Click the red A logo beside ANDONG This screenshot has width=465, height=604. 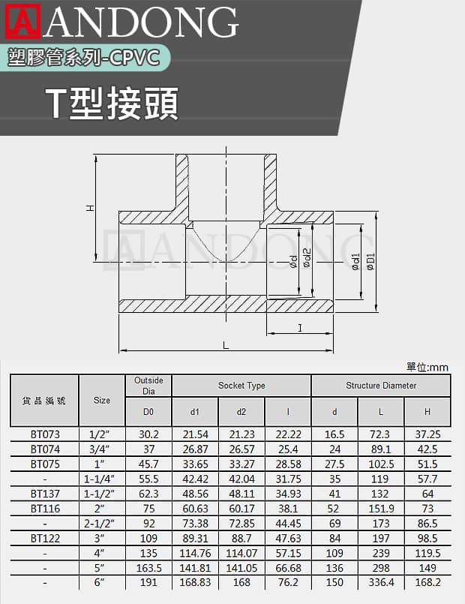pos(22,21)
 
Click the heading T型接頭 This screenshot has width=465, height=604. pos(112,104)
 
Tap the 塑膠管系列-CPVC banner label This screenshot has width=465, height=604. pos(83,59)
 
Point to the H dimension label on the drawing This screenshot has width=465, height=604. pos(90,208)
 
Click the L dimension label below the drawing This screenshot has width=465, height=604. pos(226,344)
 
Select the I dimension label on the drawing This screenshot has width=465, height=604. pos(300,328)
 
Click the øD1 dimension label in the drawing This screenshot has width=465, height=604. pos(370,262)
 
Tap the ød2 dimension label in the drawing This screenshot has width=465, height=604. pos(307,257)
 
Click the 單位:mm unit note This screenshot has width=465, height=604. pos(427,367)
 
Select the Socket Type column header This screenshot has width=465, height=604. pos(241,385)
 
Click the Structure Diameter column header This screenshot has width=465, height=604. pos(381,385)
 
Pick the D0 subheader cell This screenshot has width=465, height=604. pos(148,412)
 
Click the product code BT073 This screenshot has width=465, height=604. pos(45,434)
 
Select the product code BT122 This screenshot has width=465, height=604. pos(45,538)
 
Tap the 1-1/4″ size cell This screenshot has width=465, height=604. pos(99,479)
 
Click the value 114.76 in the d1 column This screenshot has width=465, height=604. pos(195,553)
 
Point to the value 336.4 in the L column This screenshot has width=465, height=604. pos(381,582)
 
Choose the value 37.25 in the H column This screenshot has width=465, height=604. pos(427,434)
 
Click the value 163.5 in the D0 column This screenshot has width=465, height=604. pos(148,568)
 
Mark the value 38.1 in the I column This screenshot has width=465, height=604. pos(288,509)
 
